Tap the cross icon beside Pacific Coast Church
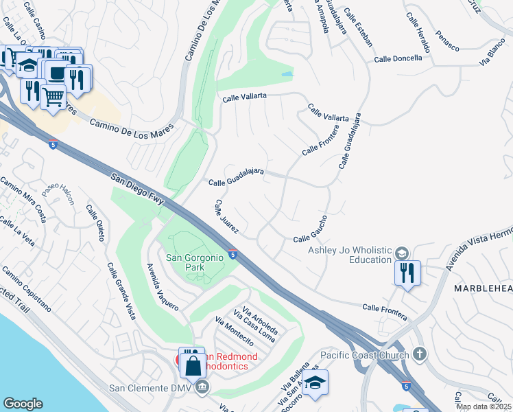[420, 354]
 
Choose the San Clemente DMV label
[150, 388]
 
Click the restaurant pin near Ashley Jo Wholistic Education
[407, 273]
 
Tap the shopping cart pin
[53, 96]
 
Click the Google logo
[23, 404]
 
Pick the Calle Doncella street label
[398, 59]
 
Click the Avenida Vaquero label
[163, 286]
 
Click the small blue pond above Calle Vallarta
[287, 73]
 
